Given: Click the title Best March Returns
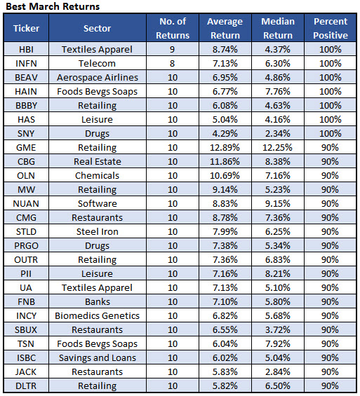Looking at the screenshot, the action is (x=53, y=6).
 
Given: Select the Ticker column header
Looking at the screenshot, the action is (x=26, y=28).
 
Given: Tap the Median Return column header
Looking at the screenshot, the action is (x=278, y=28).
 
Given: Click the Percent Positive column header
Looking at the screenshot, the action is (x=331, y=28).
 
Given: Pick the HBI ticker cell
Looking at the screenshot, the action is (x=26, y=49).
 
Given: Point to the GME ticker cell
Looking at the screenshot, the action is (x=26, y=147).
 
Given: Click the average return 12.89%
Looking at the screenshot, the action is (x=225, y=147).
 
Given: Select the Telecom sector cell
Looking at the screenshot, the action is (x=97, y=63).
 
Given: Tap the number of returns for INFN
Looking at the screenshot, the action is (x=173, y=63).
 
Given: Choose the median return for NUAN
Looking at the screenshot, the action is (x=278, y=203).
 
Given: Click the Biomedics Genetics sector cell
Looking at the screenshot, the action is (x=97, y=315).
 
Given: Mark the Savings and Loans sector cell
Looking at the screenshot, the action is (x=98, y=358).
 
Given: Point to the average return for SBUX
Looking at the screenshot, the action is (x=225, y=330).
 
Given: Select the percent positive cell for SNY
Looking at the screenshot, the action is (x=330, y=133).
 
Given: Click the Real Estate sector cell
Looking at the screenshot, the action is (x=98, y=162).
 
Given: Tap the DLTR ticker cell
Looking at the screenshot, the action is (x=26, y=386).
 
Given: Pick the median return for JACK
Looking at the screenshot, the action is (x=278, y=371).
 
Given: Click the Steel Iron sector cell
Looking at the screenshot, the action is (x=98, y=231).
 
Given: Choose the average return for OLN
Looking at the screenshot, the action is (x=225, y=175).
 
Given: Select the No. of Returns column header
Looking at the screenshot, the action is (x=173, y=28).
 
